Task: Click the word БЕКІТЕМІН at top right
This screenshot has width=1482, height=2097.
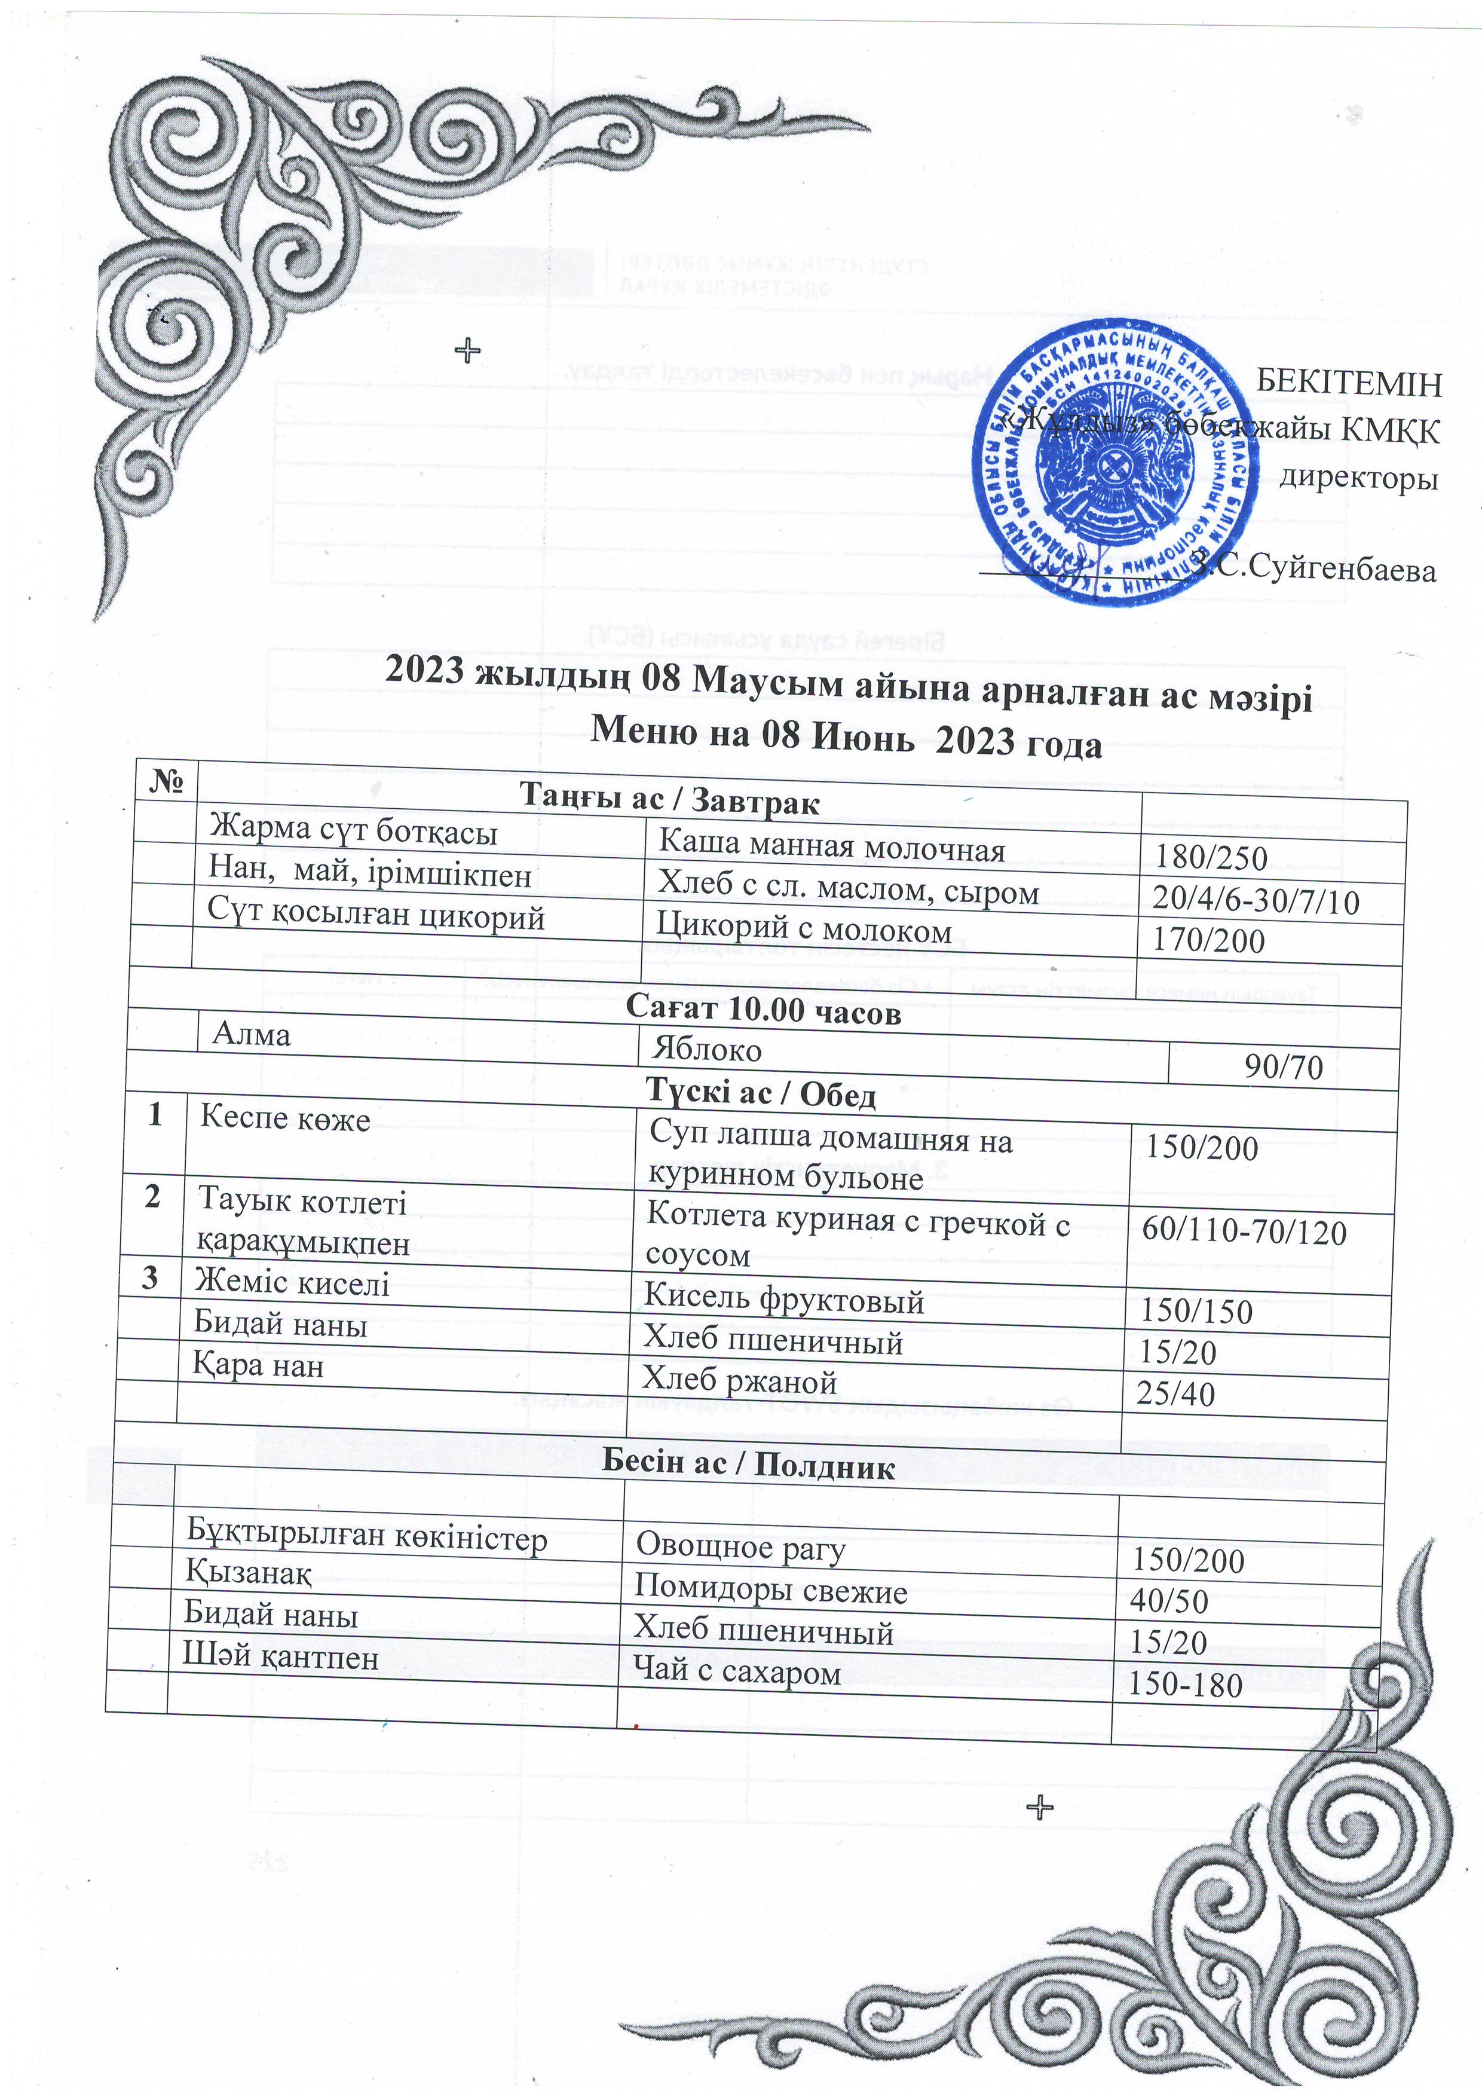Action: pos(1349,382)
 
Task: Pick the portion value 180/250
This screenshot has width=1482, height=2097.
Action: pos(1211,858)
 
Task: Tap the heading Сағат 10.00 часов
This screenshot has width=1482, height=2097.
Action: pos(763,1011)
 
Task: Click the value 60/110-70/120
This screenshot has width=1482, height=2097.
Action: pos(1244,1232)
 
